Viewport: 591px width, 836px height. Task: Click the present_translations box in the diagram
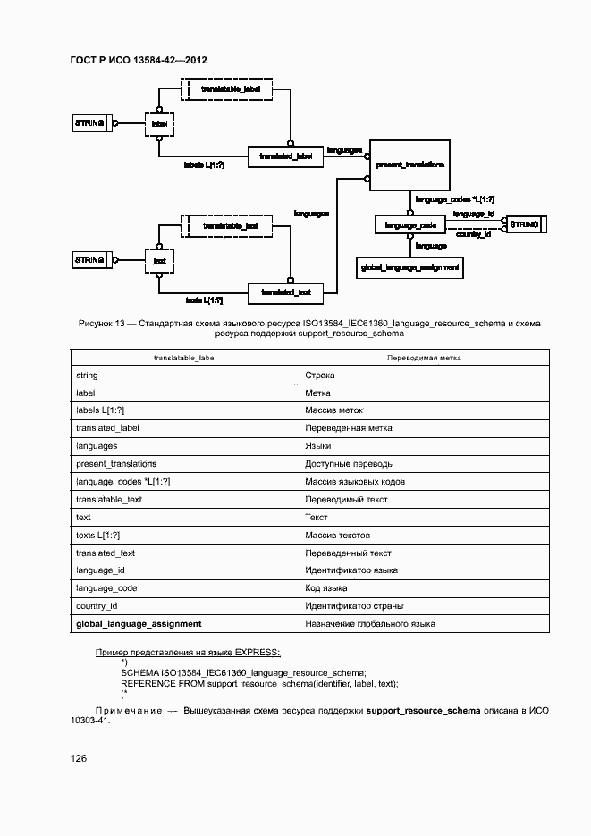coord(410,165)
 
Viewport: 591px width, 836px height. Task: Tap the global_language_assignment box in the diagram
coord(409,266)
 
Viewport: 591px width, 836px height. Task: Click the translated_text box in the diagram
coord(286,291)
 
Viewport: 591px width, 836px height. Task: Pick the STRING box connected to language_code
coord(523,224)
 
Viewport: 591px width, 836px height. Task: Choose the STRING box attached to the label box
coord(90,123)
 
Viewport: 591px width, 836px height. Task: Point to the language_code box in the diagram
coord(410,225)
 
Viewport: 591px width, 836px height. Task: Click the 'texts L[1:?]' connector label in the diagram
coord(204,300)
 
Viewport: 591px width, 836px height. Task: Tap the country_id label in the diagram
coord(474,234)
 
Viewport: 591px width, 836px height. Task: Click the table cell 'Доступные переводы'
coord(349,464)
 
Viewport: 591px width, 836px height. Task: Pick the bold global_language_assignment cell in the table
coord(139,623)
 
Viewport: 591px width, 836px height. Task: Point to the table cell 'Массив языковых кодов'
coord(355,482)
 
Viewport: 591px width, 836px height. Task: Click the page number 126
coord(79,759)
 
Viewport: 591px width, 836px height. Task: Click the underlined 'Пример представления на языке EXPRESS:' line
coord(188,652)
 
